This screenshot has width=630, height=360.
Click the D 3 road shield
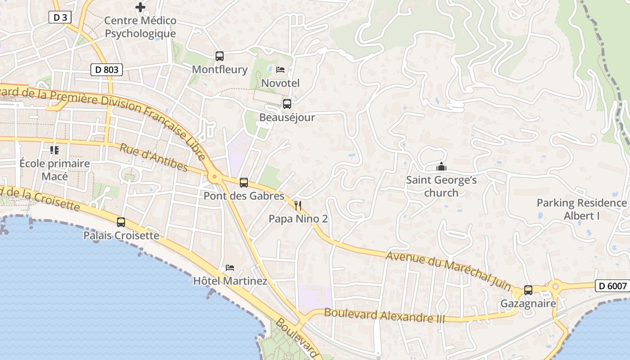[x=60, y=18]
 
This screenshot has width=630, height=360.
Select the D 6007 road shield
[x=612, y=286]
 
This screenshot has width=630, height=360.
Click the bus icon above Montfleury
[x=220, y=56]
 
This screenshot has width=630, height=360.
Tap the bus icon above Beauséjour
[x=287, y=104]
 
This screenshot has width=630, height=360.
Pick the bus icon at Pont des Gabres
[x=244, y=183]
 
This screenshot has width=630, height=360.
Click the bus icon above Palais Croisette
[x=121, y=222]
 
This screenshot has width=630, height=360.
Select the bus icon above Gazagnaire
[x=528, y=290]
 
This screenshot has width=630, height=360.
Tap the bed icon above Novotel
[x=280, y=70]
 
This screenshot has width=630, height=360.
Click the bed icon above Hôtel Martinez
[x=230, y=268]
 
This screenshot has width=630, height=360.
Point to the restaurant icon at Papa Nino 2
[x=298, y=206]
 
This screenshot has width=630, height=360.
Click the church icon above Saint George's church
[x=441, y=167]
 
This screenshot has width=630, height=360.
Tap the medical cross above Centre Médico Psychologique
[x=140, y=7]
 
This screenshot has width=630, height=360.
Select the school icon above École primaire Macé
[x=54, y=150]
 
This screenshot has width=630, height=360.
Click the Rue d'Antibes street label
[x=153, y=157]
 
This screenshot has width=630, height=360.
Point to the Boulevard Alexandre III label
[x=384, y=315]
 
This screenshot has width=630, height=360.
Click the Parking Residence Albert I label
[x=581, y=209]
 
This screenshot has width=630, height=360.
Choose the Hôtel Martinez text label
[x=230, y=281]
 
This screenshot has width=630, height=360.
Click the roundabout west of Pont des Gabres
[x=215, y=177]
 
